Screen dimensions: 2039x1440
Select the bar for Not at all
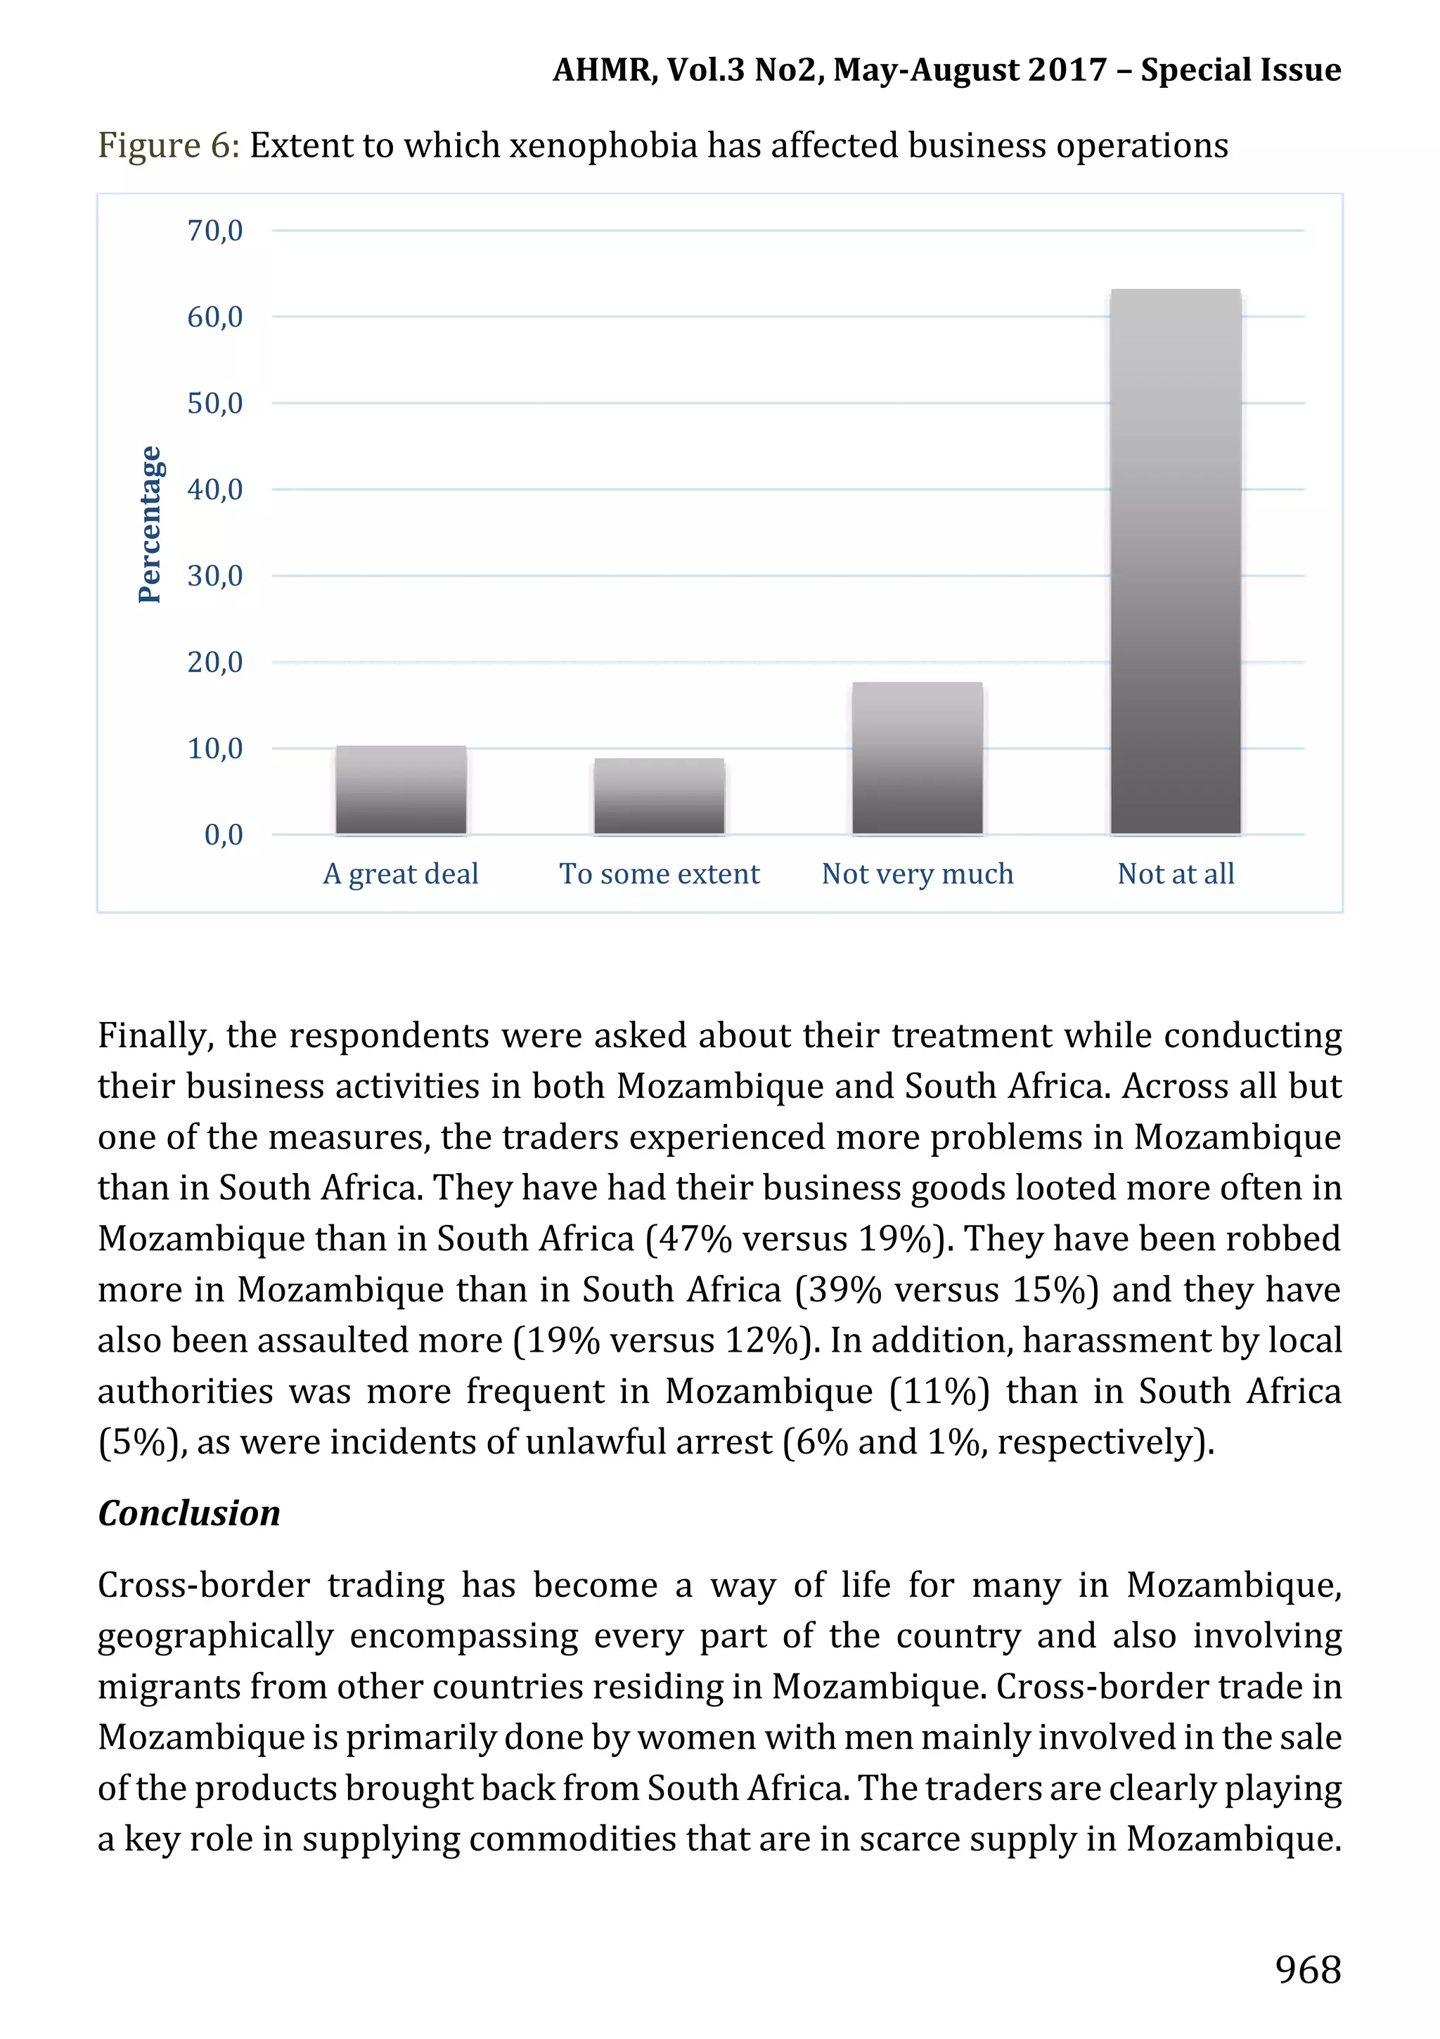(1176, 562)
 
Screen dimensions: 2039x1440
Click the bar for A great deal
(401, 789)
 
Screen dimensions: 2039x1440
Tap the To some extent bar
(659, 796)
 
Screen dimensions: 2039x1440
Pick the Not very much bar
(917, 758)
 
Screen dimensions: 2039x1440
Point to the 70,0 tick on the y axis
(214, 231)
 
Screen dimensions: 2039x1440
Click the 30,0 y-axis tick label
(214, 576)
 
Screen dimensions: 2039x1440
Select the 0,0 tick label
(223, 835)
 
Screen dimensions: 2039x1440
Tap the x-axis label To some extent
(659, 874)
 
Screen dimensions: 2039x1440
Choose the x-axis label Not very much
(917, 874)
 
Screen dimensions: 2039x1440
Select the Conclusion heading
(188, 1513)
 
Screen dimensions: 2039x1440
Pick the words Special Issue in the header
(1240, 70)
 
